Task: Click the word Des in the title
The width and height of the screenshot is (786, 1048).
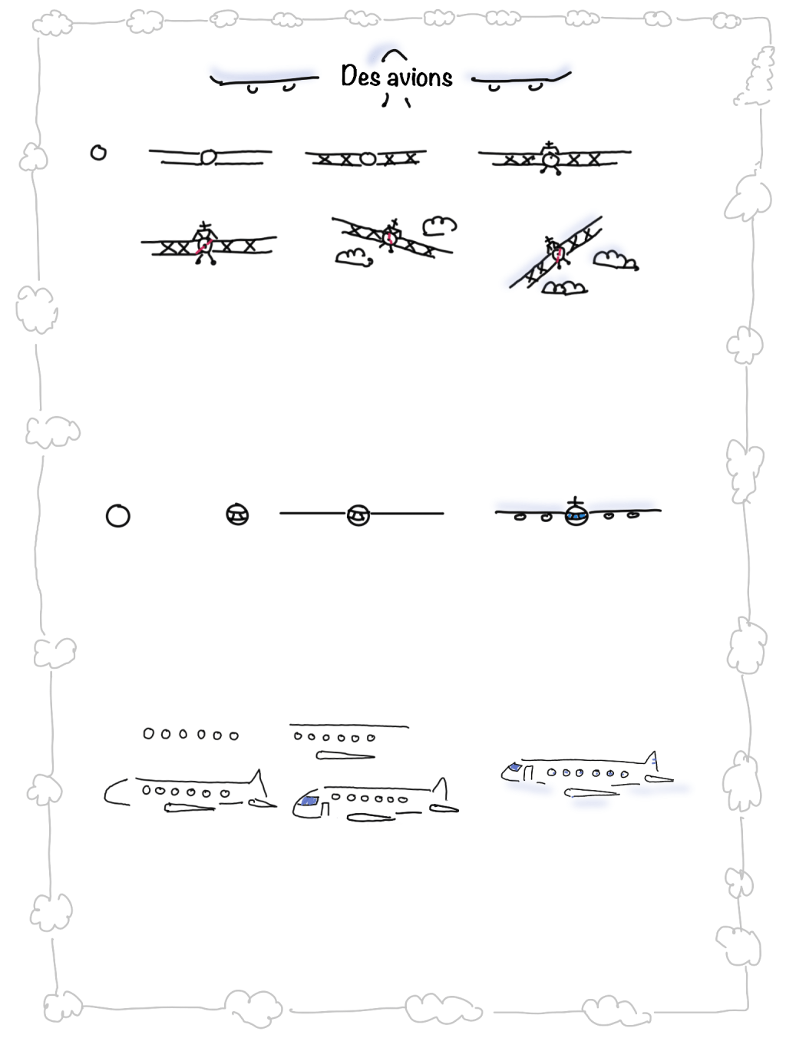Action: (x=360, y=76)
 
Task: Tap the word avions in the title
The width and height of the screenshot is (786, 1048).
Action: (x=420, y=78)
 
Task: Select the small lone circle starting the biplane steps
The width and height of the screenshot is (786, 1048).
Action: (x=98, y=153)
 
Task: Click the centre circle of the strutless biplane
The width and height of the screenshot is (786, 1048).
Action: (x=208, y=157)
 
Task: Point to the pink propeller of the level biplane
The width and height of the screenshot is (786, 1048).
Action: (x=203, y=246)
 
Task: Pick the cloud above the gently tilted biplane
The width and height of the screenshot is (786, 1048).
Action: (x=440, y=226)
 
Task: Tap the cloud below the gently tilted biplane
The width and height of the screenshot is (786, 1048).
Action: (x=354, y=257)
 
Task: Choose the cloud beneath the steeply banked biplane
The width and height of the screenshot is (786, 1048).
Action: (x=564, y=287)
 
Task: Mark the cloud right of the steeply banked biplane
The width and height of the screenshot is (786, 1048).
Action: (x=616, y=260)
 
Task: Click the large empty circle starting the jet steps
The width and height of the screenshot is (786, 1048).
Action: (x=118, y=516)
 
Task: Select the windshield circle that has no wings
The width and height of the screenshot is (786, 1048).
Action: (x=237, y=514)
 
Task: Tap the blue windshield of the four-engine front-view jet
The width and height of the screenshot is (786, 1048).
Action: (x=576, y=516)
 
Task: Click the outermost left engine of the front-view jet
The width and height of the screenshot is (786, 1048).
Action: (x=520, y=517)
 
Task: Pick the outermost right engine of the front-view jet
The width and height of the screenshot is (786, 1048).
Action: (x=632, y=514)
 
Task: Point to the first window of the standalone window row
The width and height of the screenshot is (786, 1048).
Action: (x=148, y=733)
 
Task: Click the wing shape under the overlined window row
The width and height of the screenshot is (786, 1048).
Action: (x=345, y=755)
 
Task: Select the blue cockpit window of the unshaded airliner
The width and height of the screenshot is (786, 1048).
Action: (x=309, y=801)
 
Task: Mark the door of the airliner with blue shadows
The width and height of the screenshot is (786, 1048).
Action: (x=528, y=773)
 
